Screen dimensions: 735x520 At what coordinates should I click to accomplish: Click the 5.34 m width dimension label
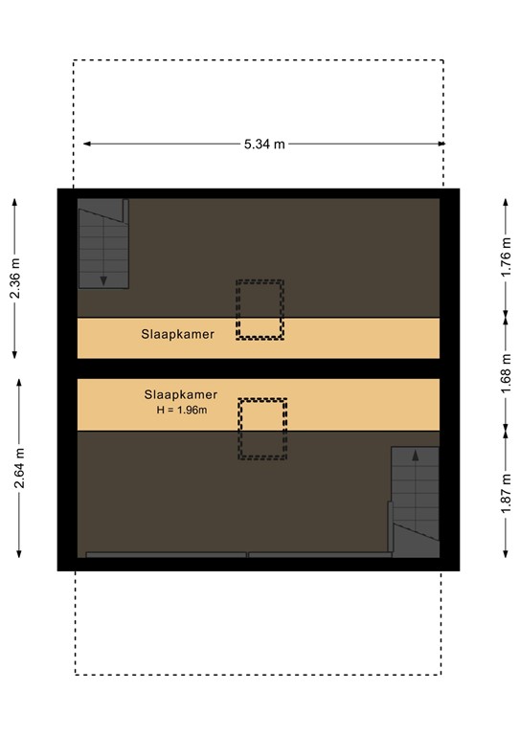(263, 145)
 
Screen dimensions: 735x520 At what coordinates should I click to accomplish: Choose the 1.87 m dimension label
(505, 496)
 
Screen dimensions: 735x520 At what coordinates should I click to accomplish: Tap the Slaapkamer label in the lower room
(181, 393)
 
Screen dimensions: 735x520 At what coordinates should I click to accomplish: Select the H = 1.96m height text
(182, 410)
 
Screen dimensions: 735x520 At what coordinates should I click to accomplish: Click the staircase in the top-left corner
(102, 244)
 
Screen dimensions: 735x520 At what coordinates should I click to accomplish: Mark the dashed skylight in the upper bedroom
(260, 309)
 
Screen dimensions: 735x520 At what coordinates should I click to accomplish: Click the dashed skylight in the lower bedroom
(262, 428)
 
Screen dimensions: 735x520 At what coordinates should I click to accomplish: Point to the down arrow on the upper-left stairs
(102, 278)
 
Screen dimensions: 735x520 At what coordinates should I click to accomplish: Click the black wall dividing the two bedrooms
(259, 368)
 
